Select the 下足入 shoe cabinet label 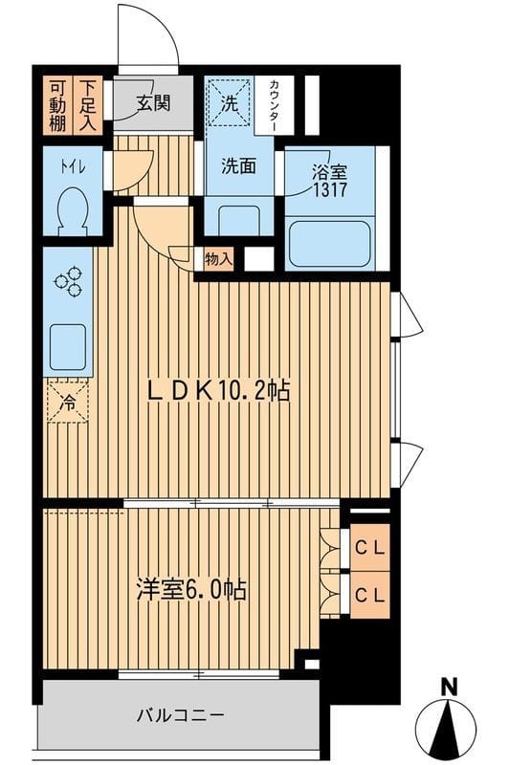[x=88, y=102]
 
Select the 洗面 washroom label [x=239, y=164]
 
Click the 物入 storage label [x=218, y=258]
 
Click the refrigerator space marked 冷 [x=69, y=403]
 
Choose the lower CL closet [x=370, y=595]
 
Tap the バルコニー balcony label [x=179, y=714]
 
